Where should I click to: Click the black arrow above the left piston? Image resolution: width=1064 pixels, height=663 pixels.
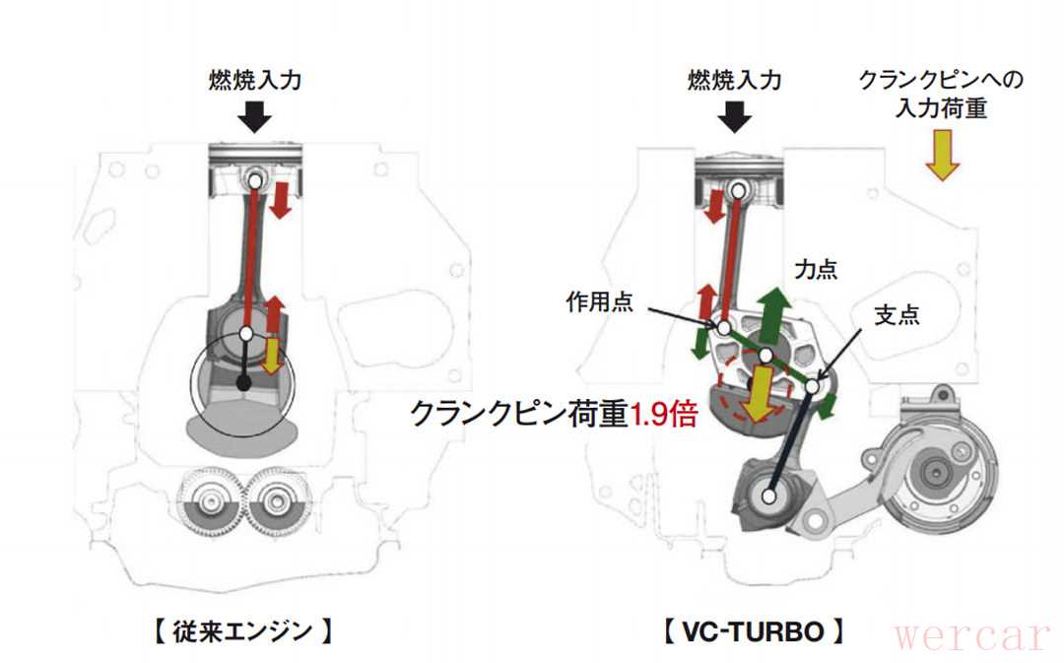coord(256,117)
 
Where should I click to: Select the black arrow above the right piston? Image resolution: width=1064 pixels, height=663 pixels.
coord(734,117)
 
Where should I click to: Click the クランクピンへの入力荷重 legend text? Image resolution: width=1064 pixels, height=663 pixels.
coord(941,94)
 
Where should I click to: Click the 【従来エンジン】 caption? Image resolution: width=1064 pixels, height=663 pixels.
coord(242,631)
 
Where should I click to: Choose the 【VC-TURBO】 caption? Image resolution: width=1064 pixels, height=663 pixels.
coord(753,631)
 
